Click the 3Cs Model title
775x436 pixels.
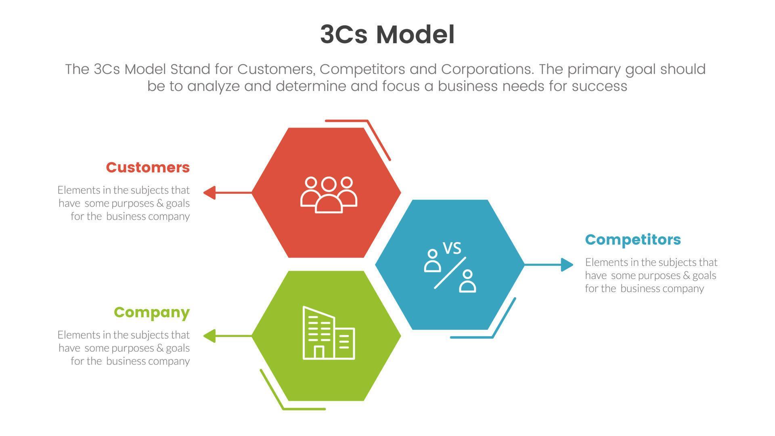click(x=387, y=35)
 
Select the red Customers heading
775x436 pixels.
click(x=148, y=168)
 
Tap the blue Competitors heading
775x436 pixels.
click(x=633, y=240)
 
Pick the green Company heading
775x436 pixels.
click(x=152, y=312)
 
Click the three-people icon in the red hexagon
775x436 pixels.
click(x=329, y=195)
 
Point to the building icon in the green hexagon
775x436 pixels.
click(x=329, y=333)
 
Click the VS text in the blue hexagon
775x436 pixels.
click(x=452, y=248)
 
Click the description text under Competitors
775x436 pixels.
click(x=651, y=275)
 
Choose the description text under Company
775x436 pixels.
click(x=124, y=348)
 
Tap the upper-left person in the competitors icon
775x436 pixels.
click(x=432, y=261)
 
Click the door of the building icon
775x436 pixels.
click(x=319, y=352)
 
